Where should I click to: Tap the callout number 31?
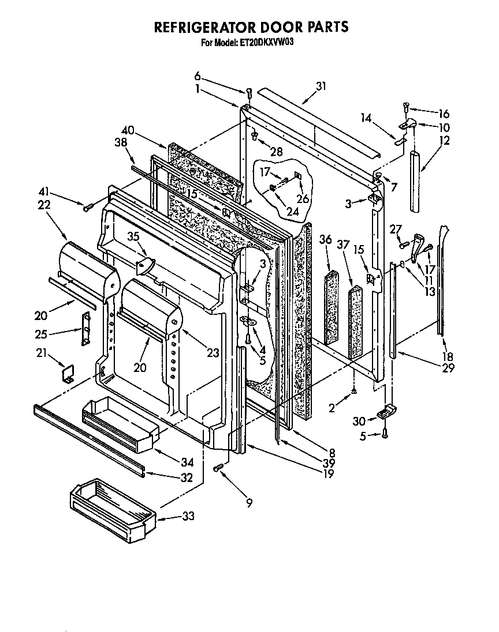pyautogui.click(x=321, y=86)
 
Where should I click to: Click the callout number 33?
pyautogui.click(x=188, y=517)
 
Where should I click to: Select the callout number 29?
pyautogui.click(x=440, y=367)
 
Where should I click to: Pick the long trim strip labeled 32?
pyautogui.click(x=87, y=437)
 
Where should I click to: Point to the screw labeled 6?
pyautogui.click(x=249, y=92)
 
